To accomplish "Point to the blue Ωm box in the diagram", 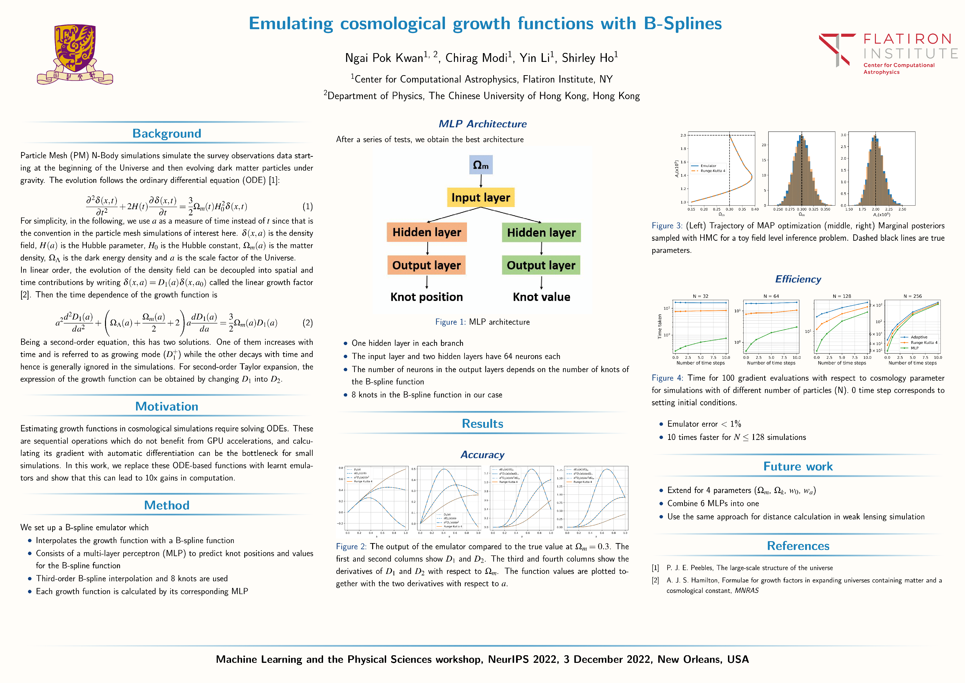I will point(481,165).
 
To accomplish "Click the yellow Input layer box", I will point(481,197).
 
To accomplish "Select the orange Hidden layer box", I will point(427,232).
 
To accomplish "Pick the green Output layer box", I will point(541,265).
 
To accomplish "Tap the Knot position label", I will point(427,297).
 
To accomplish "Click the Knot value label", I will point(541,297).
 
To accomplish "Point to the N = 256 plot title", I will point(912,296).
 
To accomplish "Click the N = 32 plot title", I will point(701,296).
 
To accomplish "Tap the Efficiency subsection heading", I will point(798,279).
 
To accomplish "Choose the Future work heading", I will point(798,466).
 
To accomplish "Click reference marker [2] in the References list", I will point(655,580).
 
